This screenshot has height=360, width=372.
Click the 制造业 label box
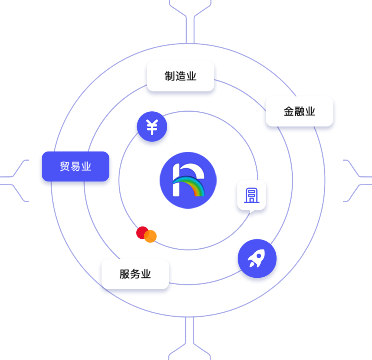(180, 76)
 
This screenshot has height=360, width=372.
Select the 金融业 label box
(299, 111)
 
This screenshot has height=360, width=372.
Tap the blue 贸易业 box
(75, 166)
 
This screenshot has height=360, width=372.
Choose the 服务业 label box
(135, 274)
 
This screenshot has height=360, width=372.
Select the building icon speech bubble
(251, 195)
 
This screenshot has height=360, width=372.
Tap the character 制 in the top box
(170, 76)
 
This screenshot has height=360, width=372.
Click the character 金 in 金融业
(289, 111)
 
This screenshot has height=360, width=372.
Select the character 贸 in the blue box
(65, 166)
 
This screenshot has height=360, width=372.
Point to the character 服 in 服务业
(125, 274)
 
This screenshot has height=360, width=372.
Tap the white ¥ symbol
(152, 127)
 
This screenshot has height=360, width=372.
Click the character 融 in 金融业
(299, 111)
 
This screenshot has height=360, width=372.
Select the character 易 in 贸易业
(76, 166)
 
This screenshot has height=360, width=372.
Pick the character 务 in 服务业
(135, 274)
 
